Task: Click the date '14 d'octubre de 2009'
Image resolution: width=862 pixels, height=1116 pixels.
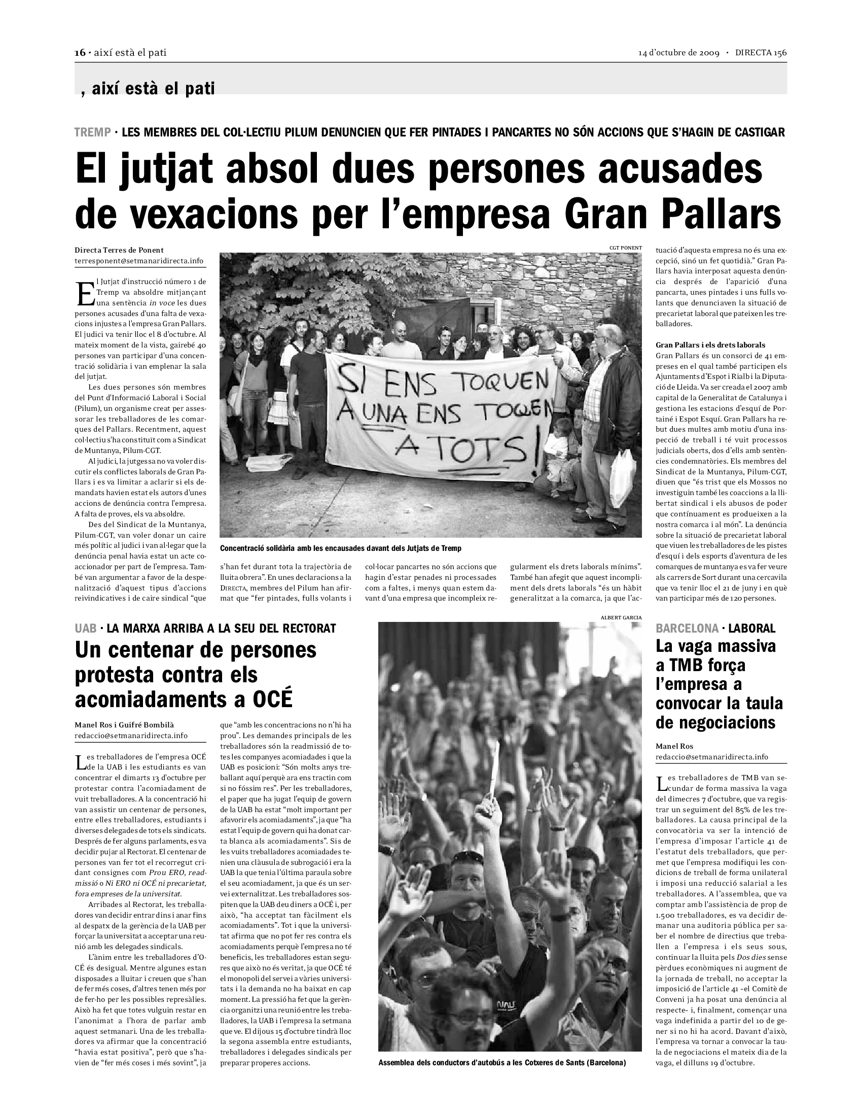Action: tap(678, 53)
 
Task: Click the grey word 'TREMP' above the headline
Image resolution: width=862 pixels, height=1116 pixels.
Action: tap(92, 132)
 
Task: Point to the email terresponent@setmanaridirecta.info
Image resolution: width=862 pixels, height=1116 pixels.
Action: tap(139, 261)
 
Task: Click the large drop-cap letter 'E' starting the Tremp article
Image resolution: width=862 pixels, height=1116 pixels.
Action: tap(84, 294)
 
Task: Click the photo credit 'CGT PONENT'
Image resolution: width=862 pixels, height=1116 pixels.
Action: tap(626, 248)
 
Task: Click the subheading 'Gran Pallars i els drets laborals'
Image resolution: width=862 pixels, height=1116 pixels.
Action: tap(710, 345)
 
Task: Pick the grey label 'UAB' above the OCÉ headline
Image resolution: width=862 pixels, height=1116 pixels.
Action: tap(86, 629)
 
